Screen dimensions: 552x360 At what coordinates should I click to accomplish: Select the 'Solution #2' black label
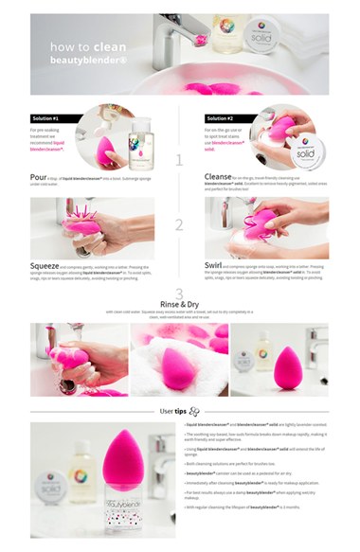[x=227, y=117]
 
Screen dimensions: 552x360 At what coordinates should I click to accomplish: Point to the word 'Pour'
[x=41, y=176]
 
